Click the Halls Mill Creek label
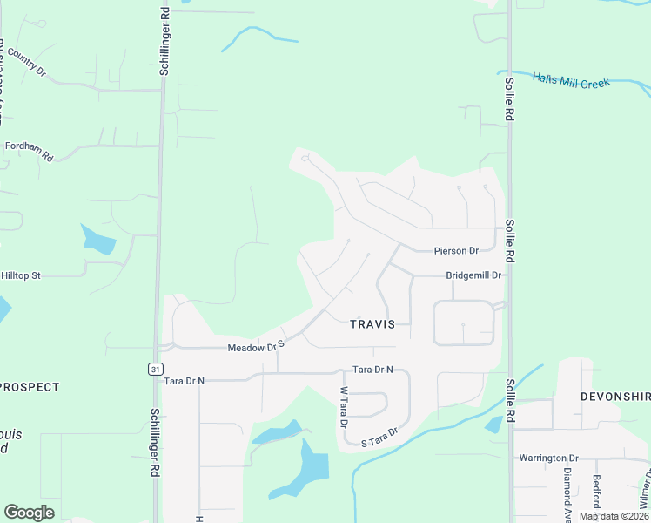tap(570, 80)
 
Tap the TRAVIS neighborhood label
tap(372, 324)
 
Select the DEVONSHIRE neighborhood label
tap(615, 396)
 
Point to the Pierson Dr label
tap(456, 251)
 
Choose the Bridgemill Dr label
tap(474, 275)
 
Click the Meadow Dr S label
tap(257, 346)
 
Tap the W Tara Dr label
tap(344, 407)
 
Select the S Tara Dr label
tap(379, 437)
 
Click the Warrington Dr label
tap(548, 458)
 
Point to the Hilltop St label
tap(21, 275)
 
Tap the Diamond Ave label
tap(567, 488)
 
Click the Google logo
tap(29, 513)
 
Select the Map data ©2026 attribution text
tap(613, 516)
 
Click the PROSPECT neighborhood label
tap(31, 386)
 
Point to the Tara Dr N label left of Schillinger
tap(184, 381)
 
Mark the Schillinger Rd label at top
tap(164, 38)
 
